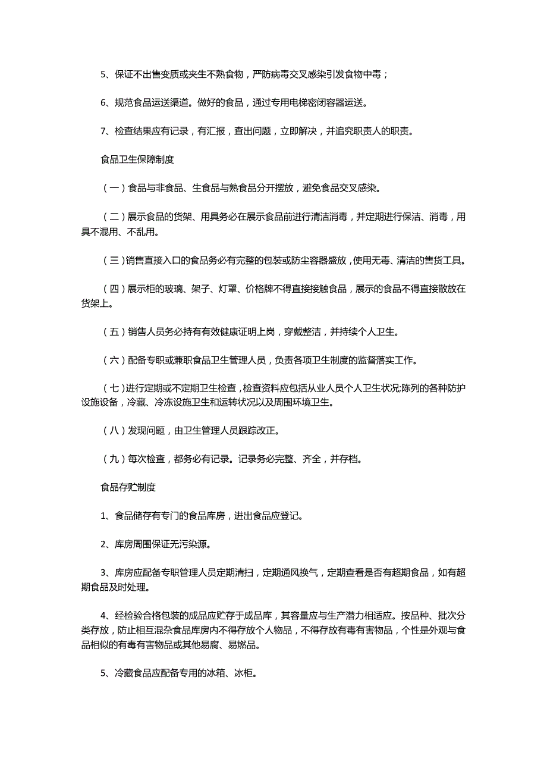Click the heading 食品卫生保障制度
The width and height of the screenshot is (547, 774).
(137, 159)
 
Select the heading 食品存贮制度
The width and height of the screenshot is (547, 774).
(128, 487)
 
